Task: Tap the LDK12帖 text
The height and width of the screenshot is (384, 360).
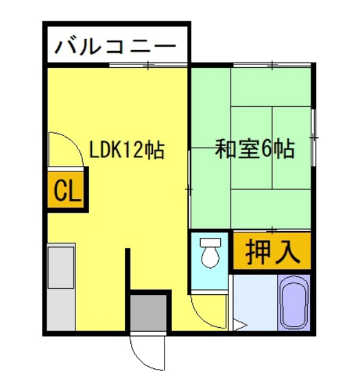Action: [127, 150]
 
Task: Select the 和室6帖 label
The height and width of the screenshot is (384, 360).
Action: [255, 149]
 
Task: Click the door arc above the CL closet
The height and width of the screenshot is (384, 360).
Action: [63, 147]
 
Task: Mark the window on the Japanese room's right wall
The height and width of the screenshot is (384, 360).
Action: [313, 137]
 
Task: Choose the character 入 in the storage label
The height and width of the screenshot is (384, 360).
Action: [287, 252]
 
